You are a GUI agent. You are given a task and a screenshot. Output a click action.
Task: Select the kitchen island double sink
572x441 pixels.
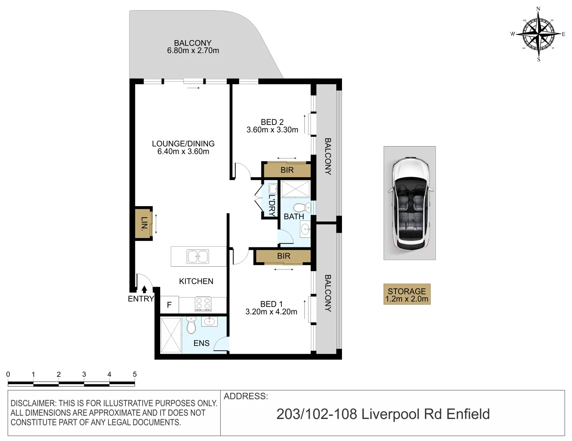(198, 257)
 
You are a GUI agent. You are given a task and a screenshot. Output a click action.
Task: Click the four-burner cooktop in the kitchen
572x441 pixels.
(203, 304)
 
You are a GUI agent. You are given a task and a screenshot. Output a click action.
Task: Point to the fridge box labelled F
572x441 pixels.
(169, 305)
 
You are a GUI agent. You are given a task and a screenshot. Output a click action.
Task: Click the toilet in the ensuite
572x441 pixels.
(191, 325)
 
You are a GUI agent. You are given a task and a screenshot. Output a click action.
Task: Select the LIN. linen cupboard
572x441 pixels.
(143, 224)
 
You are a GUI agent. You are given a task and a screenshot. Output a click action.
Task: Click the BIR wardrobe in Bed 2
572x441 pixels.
(287, 170)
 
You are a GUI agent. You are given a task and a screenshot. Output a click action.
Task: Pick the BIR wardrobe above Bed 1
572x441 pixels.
(283, 256)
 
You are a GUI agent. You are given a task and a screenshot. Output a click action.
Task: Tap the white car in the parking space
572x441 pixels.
(410, 203)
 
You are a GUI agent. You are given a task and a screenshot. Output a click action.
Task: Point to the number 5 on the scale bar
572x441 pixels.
(134, 374)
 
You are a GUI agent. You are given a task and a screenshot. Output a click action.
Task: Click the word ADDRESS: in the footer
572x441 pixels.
(246, 396)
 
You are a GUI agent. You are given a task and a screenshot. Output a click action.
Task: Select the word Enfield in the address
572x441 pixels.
(468, 414)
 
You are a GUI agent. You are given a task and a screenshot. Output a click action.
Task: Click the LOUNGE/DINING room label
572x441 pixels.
(183, 144)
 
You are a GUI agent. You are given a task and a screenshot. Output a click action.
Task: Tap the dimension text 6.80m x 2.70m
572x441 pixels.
(193, 51)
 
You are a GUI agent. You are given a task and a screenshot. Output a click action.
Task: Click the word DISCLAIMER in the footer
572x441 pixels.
(34, 403)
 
